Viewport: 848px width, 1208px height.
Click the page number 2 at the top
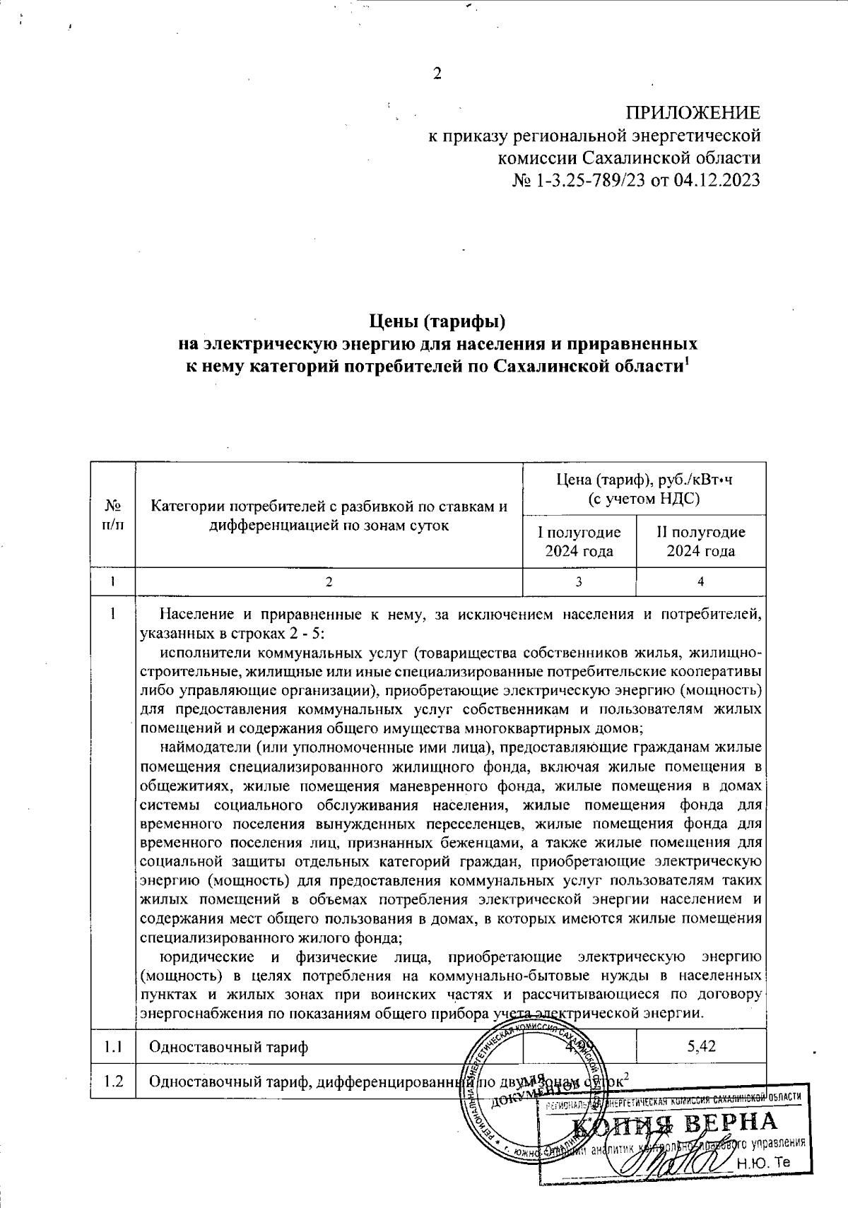click(437, 73)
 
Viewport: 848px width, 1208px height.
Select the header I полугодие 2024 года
click(579, 542)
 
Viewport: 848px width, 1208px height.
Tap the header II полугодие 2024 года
click(701, 542)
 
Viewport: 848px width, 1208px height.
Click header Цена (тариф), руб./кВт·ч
click(644, 481)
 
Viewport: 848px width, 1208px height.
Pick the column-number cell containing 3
click(579, 581)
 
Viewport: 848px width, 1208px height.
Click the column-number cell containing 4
click(700, 581)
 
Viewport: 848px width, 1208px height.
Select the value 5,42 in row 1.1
click(701, 1046)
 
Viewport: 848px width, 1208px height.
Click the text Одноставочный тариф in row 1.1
click(228, 1046)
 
